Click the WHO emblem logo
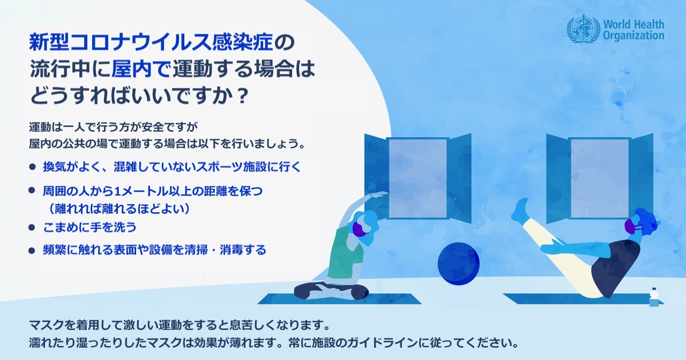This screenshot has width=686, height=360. (583, 29)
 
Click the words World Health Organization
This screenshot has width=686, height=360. (633, 29)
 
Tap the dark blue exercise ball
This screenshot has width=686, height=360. (458, 264)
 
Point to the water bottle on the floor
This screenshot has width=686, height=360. (654, 297)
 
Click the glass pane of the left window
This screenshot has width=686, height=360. (418, 178)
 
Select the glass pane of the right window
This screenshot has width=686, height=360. (600, 178)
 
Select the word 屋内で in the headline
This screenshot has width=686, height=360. (140, 69)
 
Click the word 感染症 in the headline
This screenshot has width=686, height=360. (242, 42)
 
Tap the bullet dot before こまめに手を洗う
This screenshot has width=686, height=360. (32, 228)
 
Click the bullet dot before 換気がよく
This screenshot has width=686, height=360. (32, 167)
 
